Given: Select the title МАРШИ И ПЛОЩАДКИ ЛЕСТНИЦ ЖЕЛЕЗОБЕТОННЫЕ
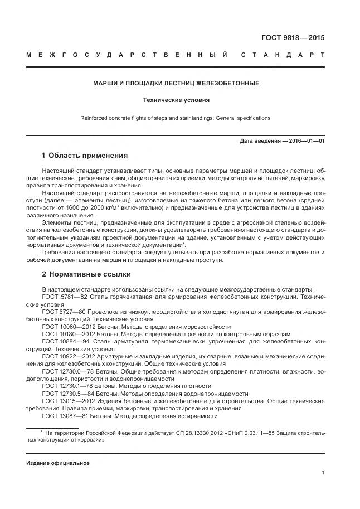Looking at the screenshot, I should tap(176, 83).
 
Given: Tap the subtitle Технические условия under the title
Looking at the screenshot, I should tap(176, 101).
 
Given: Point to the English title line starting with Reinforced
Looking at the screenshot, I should tap(176, 118).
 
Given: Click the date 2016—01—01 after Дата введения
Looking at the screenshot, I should tap(307, 141).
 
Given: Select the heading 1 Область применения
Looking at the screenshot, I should tap(85, 155).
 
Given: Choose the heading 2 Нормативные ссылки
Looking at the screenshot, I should tap(86, 275).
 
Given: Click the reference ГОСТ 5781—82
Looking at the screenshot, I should tap(61, 298).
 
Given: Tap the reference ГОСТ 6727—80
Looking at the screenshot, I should tap(61, 312).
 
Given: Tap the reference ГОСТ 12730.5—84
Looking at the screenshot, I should tap(65, 393).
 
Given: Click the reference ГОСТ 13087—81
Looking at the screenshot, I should tap(62, 415).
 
